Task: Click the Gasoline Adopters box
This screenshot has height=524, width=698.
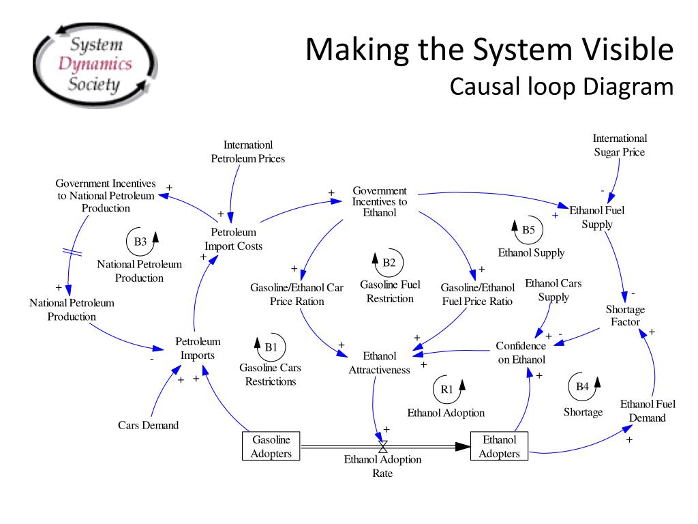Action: pos(271,446)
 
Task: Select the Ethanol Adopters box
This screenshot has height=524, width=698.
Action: pos(499,446)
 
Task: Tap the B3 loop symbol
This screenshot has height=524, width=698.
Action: pos(141,242)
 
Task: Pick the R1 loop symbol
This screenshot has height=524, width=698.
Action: pos(449,389)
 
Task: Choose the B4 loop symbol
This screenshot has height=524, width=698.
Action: pos(583,386)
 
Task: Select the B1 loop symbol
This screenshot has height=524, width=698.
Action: pos(272,347)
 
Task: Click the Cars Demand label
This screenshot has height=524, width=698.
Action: pos(148,425)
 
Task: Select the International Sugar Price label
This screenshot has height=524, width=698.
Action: pos(619,145)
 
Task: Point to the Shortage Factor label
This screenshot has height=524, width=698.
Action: pos(625,315)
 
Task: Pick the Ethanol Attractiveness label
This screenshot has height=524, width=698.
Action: pos(380,363)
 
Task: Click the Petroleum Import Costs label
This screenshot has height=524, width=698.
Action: pos(234,239)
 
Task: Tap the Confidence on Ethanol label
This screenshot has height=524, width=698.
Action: pos(521,353)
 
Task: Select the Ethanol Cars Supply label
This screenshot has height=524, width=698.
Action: pos(553,290)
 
